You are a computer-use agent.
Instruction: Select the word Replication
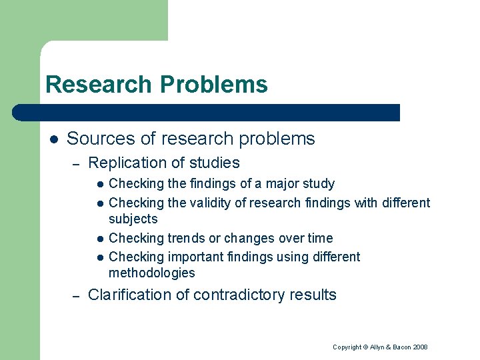tap(127, 163)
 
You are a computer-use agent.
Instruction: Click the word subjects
tap(133, 219)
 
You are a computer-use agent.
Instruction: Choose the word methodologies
tap(151, 273)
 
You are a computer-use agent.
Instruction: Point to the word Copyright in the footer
tap(347, 347)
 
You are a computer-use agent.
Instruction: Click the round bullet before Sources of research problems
tap(54, 139)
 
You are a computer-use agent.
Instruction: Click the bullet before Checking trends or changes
tap(99, 239)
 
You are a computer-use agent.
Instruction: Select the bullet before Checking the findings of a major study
tap(99, 184)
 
